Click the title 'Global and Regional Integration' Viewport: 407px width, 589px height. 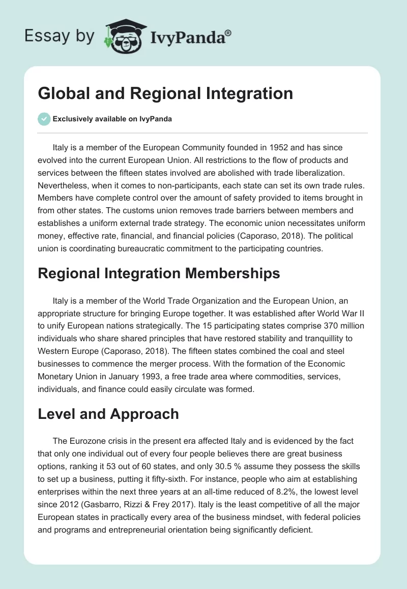(165, 93)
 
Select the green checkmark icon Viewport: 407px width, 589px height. (44, 119)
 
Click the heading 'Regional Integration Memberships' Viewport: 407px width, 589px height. (159, 273)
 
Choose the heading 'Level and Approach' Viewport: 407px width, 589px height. (108, 413)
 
